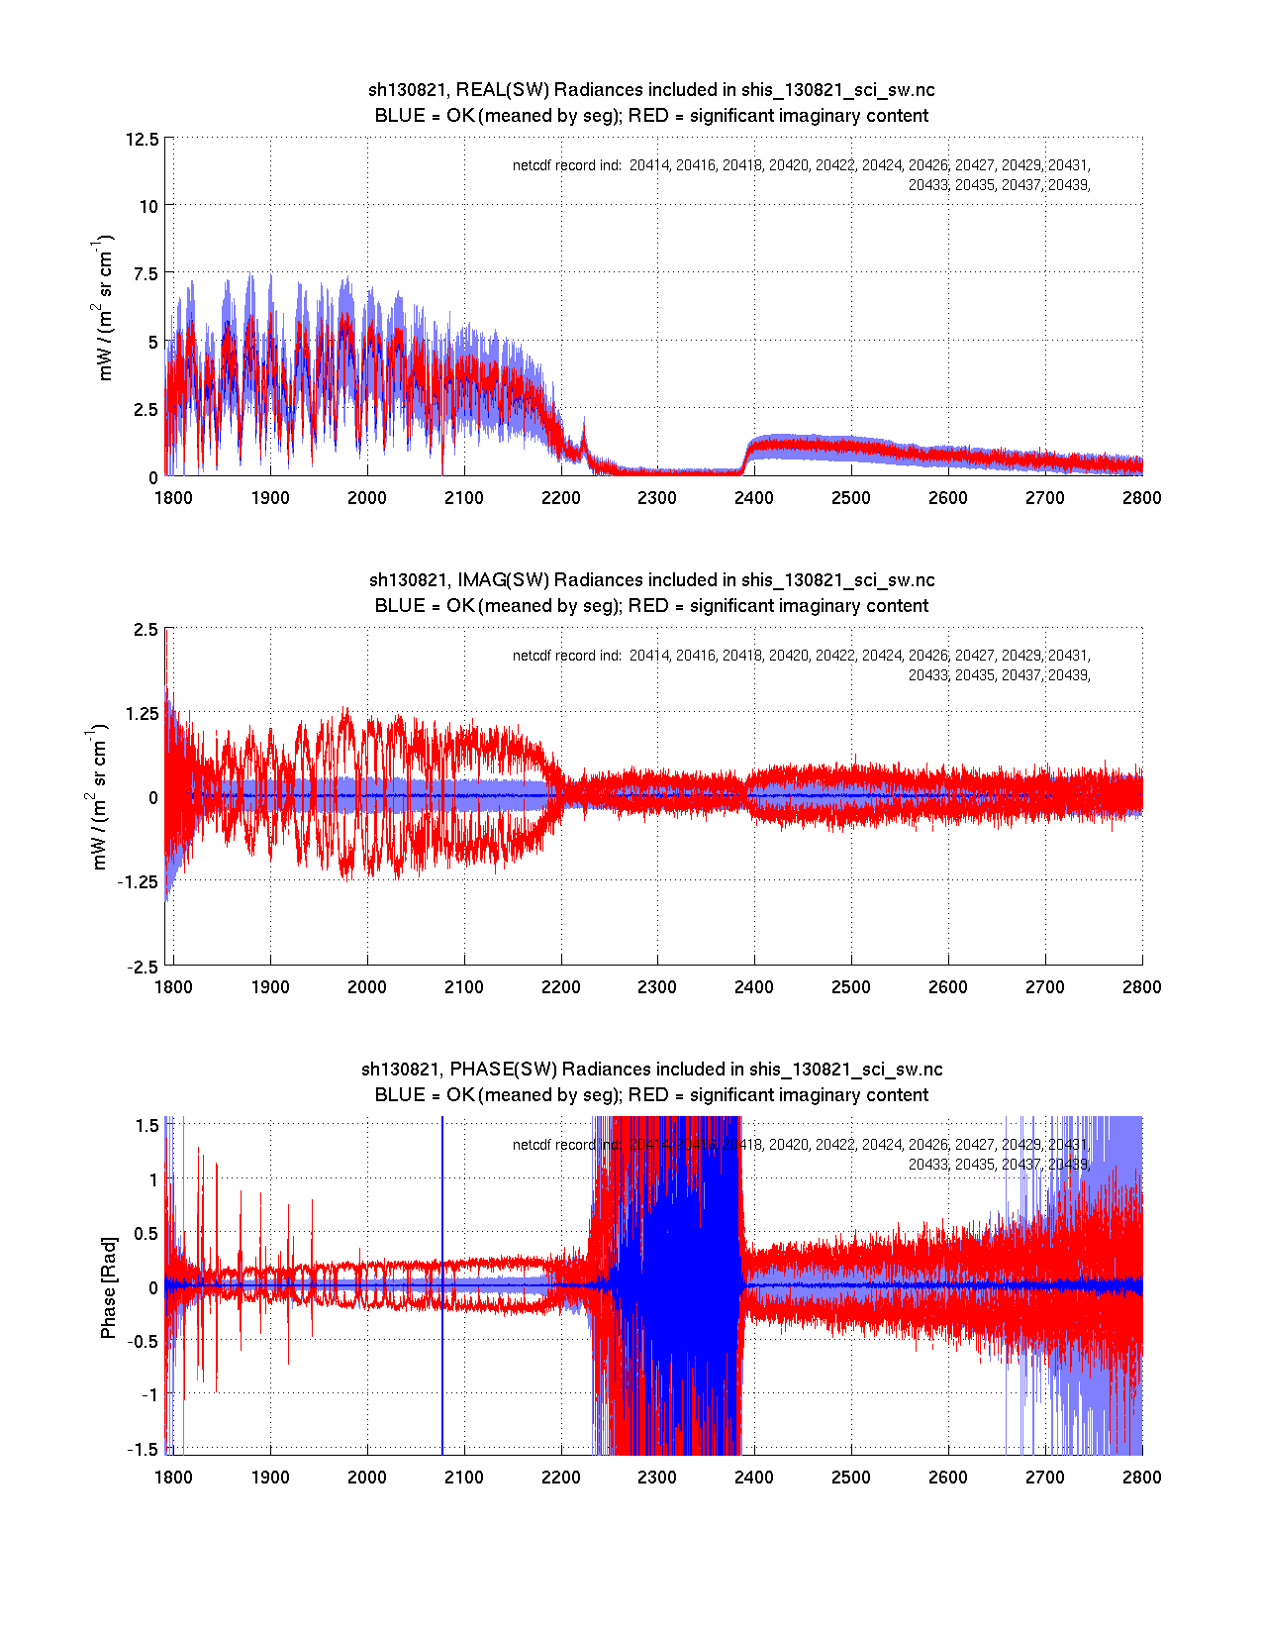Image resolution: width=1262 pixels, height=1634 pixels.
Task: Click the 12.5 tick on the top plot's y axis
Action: (143, 139)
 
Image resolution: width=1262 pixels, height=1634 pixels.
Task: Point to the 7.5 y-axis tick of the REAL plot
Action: (146, 274)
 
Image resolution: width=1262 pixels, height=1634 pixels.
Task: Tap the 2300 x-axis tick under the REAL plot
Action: (657, 497)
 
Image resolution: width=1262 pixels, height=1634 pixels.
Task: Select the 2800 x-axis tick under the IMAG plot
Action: (1142, 987)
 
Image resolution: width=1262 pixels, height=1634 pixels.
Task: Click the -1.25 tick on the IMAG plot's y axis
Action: (138, 882)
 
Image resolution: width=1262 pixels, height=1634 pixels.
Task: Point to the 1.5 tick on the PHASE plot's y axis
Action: (147, 1125)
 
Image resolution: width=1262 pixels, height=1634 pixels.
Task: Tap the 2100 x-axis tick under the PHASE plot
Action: (463, 1478)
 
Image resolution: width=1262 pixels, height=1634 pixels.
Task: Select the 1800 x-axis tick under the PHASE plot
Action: (173, 1478)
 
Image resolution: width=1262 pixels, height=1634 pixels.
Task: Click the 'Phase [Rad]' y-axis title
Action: (108, 1287)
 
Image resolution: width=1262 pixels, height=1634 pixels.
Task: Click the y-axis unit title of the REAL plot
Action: (104, 307)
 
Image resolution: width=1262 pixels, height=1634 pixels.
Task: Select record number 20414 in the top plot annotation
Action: (649, 165)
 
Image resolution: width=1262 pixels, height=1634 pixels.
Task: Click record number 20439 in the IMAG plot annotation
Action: (1068, 675)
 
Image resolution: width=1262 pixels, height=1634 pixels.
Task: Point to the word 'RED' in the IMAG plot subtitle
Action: (648, 606)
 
